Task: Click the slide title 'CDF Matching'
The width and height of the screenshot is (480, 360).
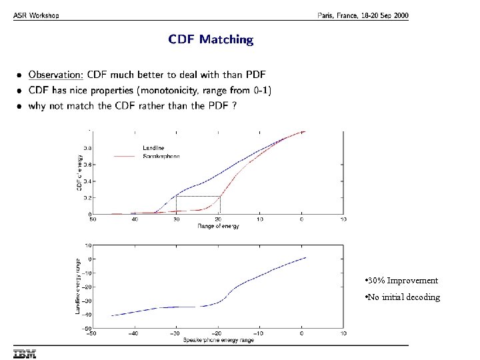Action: [x=211, y=39]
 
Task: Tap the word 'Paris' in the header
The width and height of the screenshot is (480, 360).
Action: [x=327, y=16]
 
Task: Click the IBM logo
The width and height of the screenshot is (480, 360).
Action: [x=24, y=353]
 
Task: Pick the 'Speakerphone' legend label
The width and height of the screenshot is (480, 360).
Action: [x=161, y=156]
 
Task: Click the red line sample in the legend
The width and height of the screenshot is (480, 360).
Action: [x=125, y=156]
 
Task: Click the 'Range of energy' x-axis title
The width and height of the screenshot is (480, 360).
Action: [x=218, y=226]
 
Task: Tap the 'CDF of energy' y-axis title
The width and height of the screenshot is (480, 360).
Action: [x=79, y=172]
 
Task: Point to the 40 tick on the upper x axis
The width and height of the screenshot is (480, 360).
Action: [x=135, y=219]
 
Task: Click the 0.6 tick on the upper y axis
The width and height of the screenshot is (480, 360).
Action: [x=87, y=164]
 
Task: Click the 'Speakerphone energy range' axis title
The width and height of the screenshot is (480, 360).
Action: [x=218, y=340]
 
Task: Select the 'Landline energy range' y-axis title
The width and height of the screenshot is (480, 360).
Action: [x=78, y=287]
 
